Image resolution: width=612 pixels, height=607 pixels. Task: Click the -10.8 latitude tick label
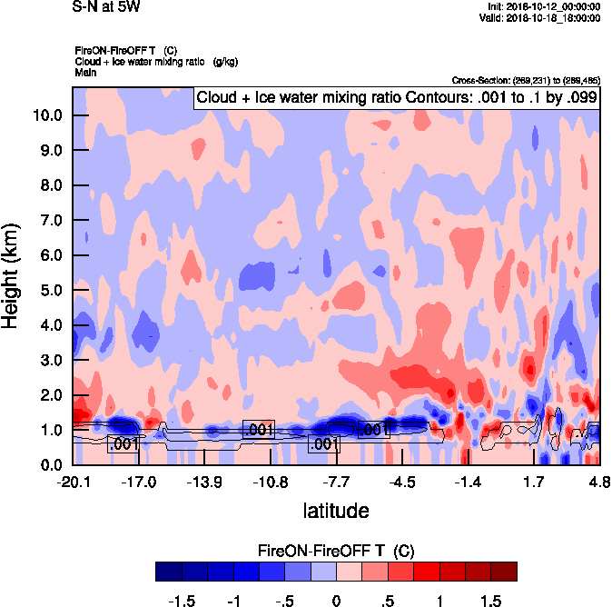coord(270,481)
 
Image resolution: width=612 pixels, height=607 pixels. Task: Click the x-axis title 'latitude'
coord(335,510)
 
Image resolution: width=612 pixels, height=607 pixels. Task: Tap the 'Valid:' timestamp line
coord(541,17)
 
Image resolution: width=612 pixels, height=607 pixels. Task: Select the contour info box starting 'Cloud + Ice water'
coord(396,98)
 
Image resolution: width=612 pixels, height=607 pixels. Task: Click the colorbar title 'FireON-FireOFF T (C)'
coord(336,551)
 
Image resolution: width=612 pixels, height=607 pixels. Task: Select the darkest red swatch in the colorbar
coord(504,571)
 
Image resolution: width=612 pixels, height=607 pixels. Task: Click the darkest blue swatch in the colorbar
coord(168,571)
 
